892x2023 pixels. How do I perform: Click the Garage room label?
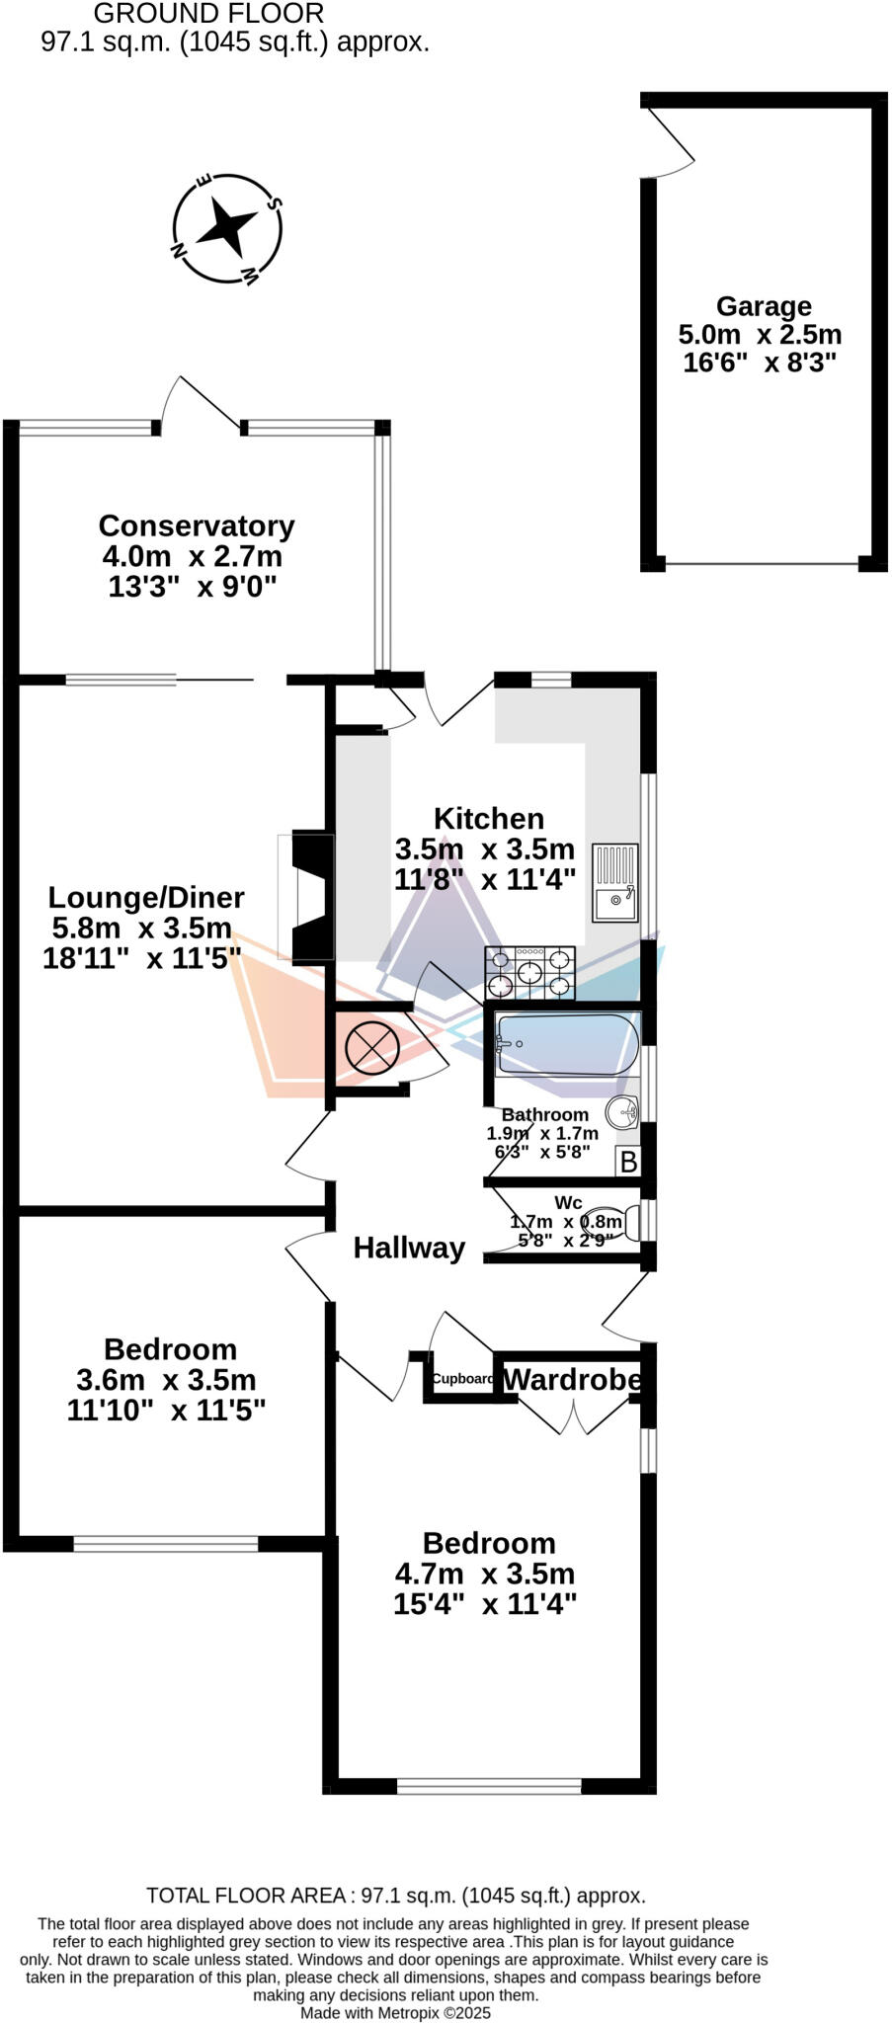(x=763, y=306)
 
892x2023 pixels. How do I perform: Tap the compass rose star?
(x=226, y=228)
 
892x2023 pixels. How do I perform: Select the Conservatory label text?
(x=197, y=526)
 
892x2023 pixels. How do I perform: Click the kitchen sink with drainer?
(x=614, y=881)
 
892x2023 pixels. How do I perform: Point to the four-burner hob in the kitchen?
(x=529, y=972)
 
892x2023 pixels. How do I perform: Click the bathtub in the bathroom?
(x=567, y=1044)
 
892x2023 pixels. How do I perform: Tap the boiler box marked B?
(x=628, y=1162)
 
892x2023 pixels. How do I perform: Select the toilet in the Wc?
(x=618, y=1222)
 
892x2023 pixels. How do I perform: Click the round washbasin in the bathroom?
(x=622, y=1112)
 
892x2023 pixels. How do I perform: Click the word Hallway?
(x=409, y=1248)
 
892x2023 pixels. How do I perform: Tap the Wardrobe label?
(x=572, y=1379)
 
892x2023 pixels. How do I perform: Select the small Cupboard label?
(x=462, y=1379)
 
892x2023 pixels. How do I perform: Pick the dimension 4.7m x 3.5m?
(x=484, y=1573)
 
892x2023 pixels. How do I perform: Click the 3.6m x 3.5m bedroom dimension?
(x=166, y=1379)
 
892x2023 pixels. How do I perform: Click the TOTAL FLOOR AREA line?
(x=395, y=1896)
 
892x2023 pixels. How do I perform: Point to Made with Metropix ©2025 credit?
(x=395, y=2012)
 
